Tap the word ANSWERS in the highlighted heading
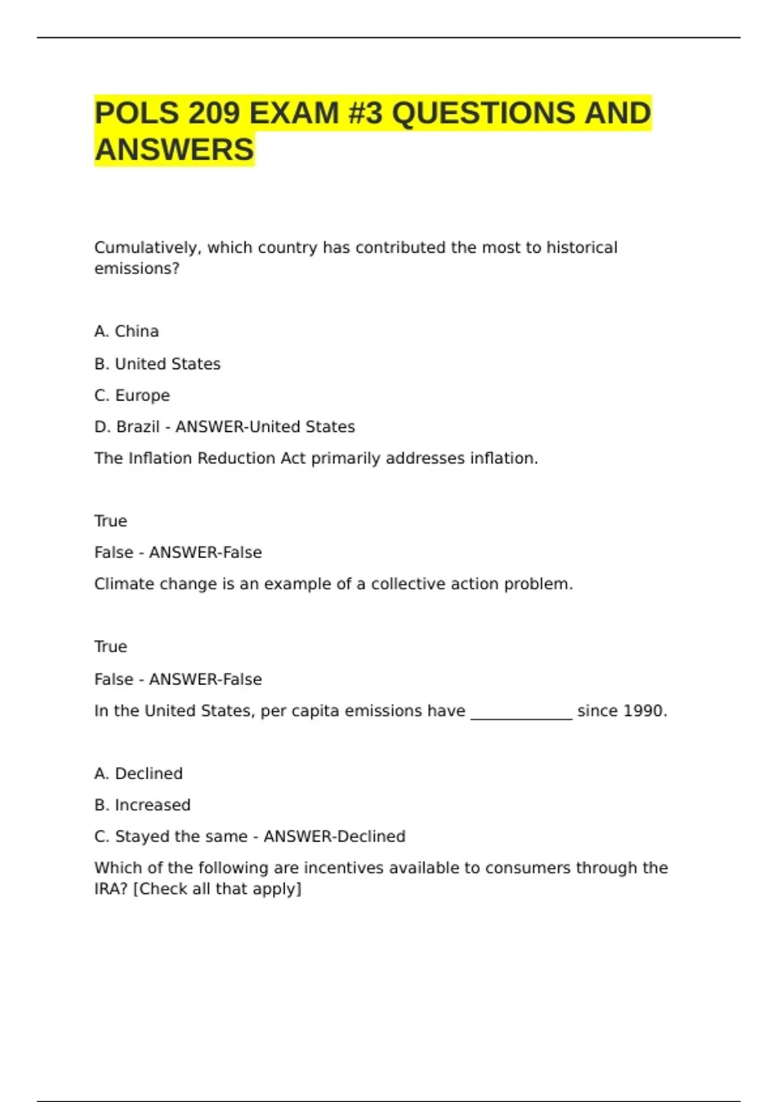174,150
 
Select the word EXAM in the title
294,113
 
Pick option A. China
126,331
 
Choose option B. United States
158,364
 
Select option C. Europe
132,395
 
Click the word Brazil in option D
137,427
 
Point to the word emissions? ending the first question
137,268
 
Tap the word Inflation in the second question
161,458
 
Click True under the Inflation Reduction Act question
111,521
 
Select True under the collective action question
111,647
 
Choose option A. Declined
139,773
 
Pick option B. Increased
143,805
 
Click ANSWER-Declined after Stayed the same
335,836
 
